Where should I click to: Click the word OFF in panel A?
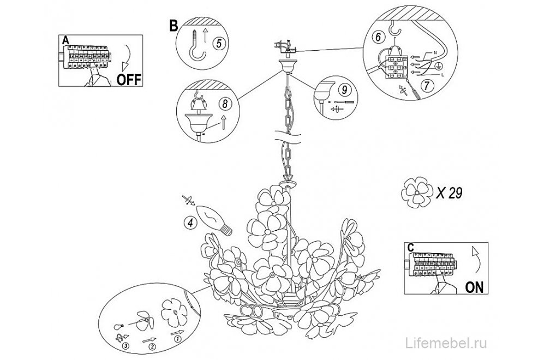click(x=129, y=79)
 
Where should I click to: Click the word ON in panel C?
click(x=474, y=287)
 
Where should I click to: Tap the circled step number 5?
click(x=219, y=43)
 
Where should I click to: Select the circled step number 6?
click(x=378, y=37)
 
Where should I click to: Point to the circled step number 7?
click(x=427, y=85)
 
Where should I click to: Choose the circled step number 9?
click(x=344, y=90)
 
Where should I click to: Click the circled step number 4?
click(x=190, y=223)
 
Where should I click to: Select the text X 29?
click(x=450, y=193)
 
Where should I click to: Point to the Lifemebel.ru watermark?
click(x=446, y=343)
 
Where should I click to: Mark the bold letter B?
click(x=174, y=26)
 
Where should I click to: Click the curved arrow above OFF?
click(x=128, y=57)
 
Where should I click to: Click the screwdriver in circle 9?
click(x=343, y=102)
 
